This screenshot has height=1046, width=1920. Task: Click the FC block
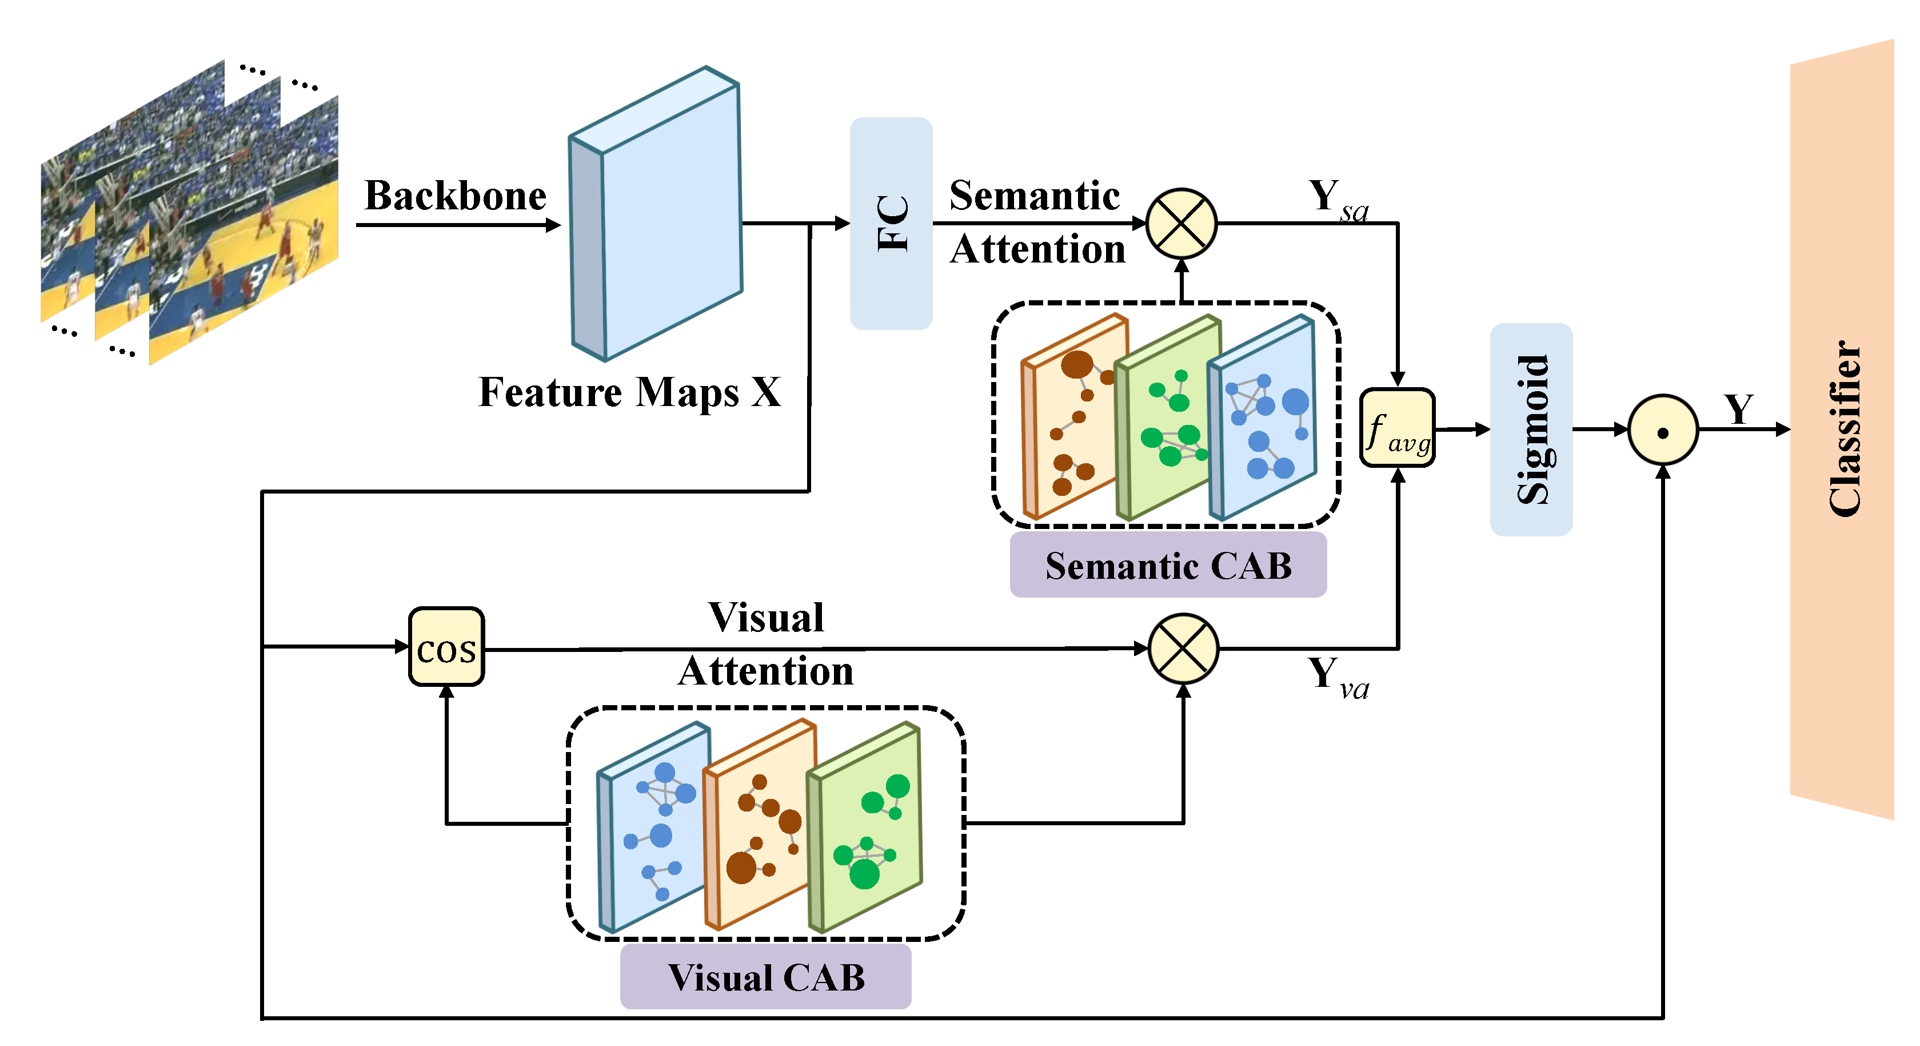click(x=891, y=224)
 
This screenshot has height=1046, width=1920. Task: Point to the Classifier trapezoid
click(x=1842, y=429)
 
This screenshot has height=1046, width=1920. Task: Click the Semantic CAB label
click(x=1168, y=566)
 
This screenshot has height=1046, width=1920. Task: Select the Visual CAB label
click(x=765, y=977)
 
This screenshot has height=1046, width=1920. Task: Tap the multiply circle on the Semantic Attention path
click(x=1181, y=223)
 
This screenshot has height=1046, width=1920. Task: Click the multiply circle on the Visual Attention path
click(x=1183, y=648)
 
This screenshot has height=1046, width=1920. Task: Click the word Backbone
click(x=456, y=196)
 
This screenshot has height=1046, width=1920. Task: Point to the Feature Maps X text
click(x=630, y=392)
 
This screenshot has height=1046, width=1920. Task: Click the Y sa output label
click(x=1338, y=200)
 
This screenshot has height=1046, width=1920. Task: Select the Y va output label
click(x=1338, y=677)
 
